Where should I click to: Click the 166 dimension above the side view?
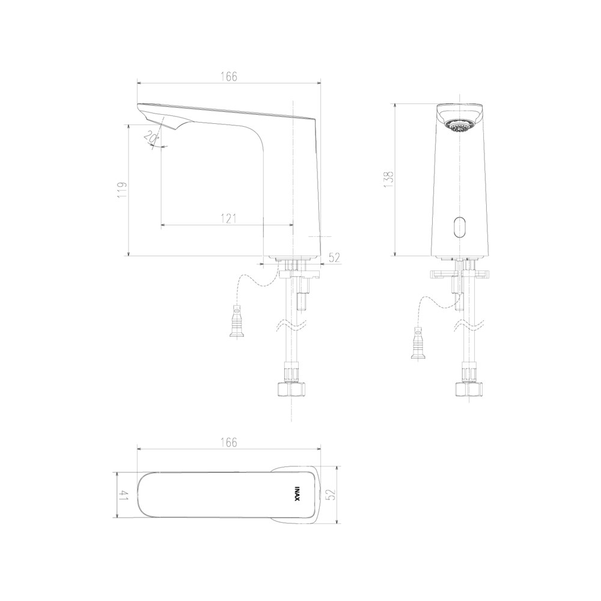pyautogui.click(x=229, y=77)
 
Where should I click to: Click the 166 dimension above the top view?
pyautogui.click(x=229, y=442)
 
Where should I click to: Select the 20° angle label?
pyautogui.click(x=152, y=136)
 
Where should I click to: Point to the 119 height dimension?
pyautogui.click(x=122, y=190)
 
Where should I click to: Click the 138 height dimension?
pyautogui.click(x=389, y=179)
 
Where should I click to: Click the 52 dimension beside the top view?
pyautogui.click(x=331, y=495)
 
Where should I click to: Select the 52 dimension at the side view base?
pyautogui.click(x=334, y=258)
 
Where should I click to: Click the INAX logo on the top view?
pyautogui.click(x=297, y=495)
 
